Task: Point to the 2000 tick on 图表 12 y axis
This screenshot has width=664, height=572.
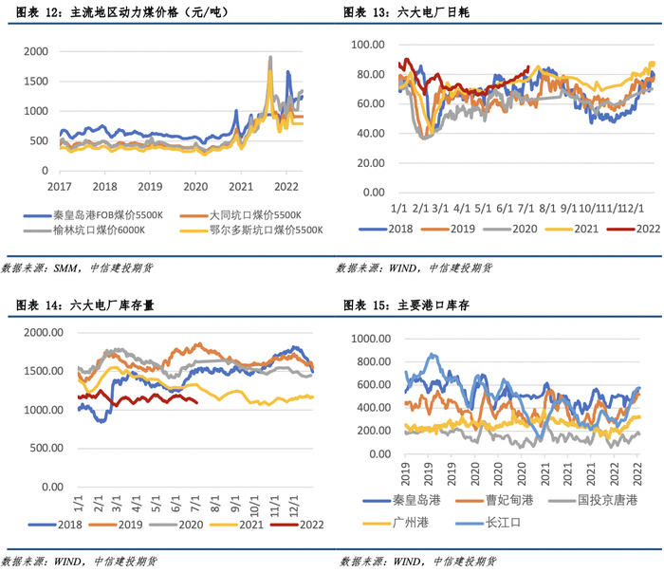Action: (32, 51)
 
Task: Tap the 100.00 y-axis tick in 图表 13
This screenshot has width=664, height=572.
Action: (366, 45)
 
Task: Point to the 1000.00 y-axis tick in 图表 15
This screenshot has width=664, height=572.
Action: (377, 337)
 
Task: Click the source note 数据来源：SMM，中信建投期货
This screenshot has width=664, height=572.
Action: (77, 268)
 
